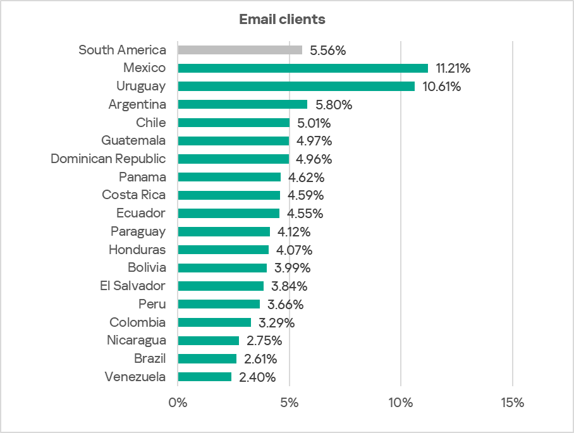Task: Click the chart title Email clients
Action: (282, 20)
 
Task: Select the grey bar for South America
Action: (240, 50)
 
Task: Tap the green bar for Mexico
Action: (303, 68)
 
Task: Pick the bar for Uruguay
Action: (296, 87)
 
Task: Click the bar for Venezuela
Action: (205, 377)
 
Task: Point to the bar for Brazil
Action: (207, 359)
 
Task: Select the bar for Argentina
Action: (243, 104)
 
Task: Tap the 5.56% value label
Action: (327, 51)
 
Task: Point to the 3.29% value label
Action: (276, 323)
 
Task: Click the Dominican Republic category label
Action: (108, 159)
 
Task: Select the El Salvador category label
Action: (133, 286)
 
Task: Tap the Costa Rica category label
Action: (134, 195)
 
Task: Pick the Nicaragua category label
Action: (137, 341)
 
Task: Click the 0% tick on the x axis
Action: (178, 403)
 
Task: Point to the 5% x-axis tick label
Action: (290, 403)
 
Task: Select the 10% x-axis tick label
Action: (401, 403)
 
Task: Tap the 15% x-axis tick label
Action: (512, 403)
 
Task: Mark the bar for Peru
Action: (219, 305)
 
